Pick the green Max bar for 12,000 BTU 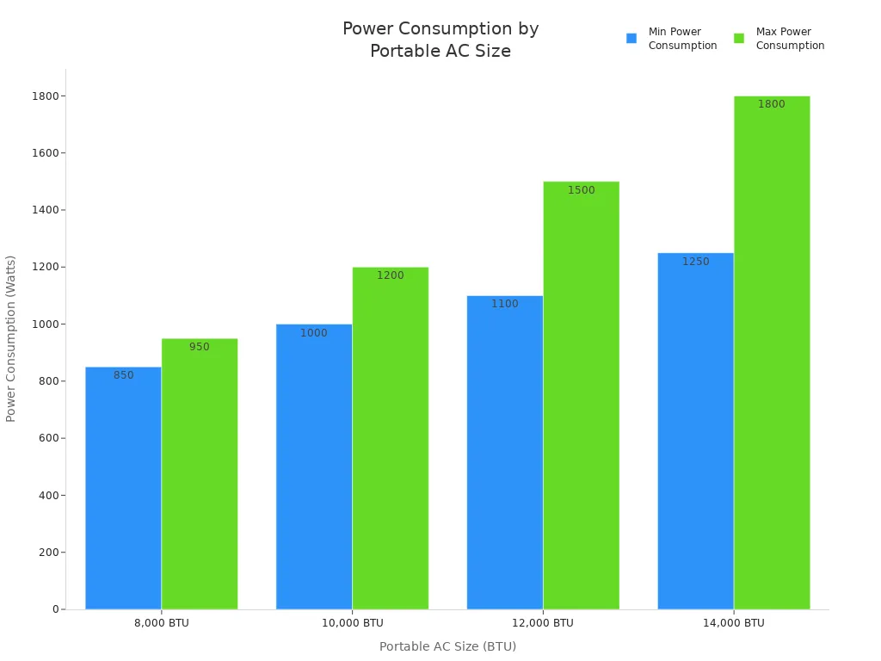click(x=581, y=395)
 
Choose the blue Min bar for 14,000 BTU click(x=695, y=430)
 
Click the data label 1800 click(x=771, y=104)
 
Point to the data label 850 click(x=123, y=375)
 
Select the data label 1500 click(x=581, y=190)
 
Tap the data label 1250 click(x=695, y=262)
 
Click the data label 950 click(x=200, y=347)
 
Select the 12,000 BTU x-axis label click(x=543, y=623)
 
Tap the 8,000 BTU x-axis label click(x=162, y=623)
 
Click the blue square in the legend click(x=631, y=39)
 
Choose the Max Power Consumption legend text click(x=790, y=39)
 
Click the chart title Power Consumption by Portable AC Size click(x=440, y=40)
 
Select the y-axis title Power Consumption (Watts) click(x=11, y=338)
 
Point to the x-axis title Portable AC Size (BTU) click(x=447, y=646)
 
